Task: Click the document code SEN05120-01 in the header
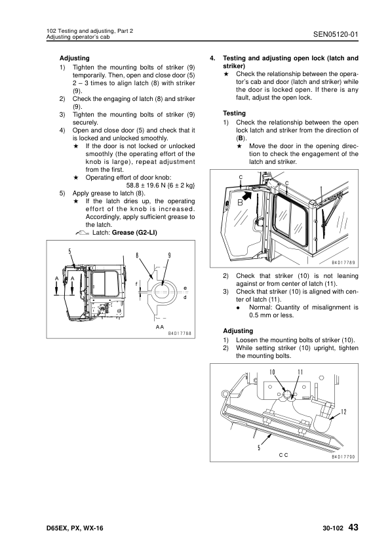click(x=336, y=34)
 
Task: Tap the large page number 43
click(x=353, y=527)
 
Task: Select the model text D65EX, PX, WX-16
click(x=75, y=528)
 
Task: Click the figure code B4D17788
click(x=180, y=333)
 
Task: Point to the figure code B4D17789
click(x=343, y=263)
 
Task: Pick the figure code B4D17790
click(x=343, y=457)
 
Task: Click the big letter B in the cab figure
click(x=241, y=203)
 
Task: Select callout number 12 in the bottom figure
click(x=344, y=411)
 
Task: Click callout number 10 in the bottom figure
click(x=272, y=372)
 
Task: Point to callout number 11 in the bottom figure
click(x=300, y=372)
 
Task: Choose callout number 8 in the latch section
click(x=137, y=255)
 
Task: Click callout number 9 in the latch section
click(x=169, y=255)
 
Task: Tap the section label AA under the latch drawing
click(x=160, y=327)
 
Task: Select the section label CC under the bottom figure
click(x=283, y=455)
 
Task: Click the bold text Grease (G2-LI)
click(x=134, y=233)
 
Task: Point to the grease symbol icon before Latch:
click(x=83, y=233)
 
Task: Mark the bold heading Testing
click(x=234, y=113)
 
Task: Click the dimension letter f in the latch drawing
click(x=136, y=284)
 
